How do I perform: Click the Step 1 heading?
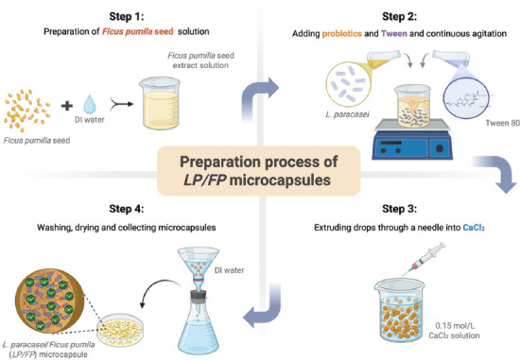[127, 17]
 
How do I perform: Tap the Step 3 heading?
[399, 209]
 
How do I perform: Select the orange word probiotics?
[341, 34]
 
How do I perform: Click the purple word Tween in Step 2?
[393, 34]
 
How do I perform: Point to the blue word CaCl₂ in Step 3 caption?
[474, 228]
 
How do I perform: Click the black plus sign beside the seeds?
[67, 106]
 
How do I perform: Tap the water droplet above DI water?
[90, 104]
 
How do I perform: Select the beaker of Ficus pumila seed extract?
[160, 103]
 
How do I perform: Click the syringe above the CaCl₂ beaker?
[424, 260]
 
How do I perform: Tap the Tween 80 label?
[502, 124]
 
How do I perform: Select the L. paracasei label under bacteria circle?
[347, 114]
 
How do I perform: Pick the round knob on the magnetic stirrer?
[440, 148]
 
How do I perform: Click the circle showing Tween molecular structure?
[466, 97]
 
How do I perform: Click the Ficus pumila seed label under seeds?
[37, 141]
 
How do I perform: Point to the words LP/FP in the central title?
[204, 180]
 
